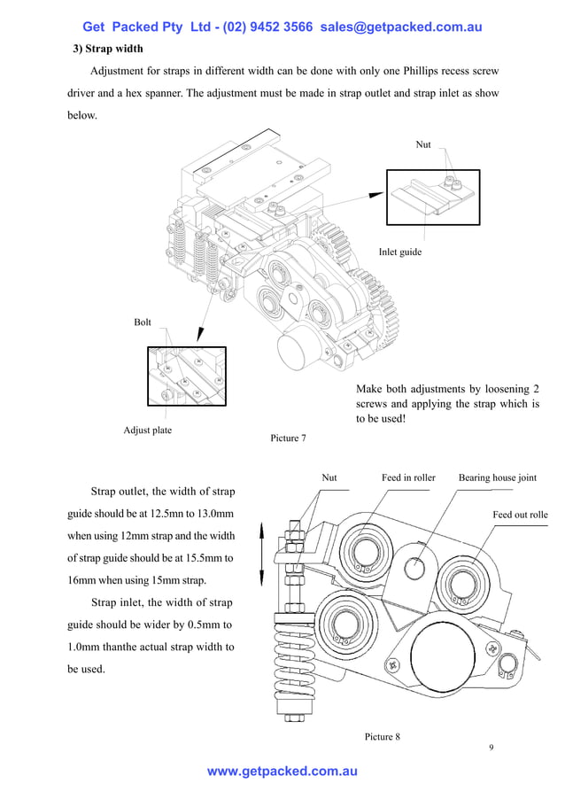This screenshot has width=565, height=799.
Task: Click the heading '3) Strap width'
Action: [107, 48]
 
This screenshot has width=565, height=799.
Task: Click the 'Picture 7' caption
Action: [289, 438]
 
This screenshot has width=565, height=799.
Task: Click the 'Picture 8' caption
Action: [383, 736]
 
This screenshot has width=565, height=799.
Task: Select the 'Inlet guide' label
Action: [400, 252]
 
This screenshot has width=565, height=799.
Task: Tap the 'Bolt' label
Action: [143, 322]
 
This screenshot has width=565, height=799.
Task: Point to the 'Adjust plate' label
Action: [148, 431]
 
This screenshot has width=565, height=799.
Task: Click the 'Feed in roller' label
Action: [408, 477]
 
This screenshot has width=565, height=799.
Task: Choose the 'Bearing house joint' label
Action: [497, 477]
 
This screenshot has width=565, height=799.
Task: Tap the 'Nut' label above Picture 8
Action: [329, 477]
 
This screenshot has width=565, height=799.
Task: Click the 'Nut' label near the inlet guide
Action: [423, 144]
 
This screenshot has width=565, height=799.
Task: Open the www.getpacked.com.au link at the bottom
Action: [282, 772]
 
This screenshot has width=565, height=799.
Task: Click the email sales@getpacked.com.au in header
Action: [401, 27]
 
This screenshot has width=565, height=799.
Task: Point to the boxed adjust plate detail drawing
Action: [187, 376]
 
